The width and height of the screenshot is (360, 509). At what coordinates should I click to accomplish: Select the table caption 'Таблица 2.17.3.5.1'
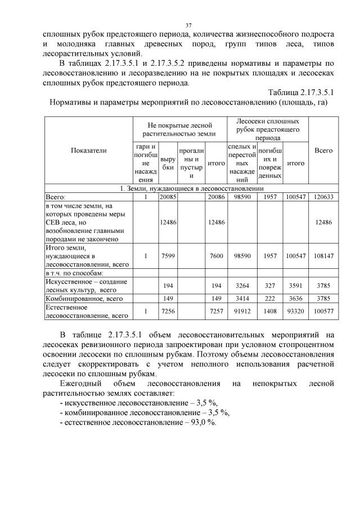pos(301,92)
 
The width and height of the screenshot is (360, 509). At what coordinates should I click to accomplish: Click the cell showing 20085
pos(168,197)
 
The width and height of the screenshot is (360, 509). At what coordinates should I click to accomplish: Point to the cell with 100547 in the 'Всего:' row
pos(296,197)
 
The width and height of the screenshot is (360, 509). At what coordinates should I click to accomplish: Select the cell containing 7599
pos(168,256)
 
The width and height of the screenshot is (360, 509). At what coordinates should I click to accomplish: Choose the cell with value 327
pos(271,286)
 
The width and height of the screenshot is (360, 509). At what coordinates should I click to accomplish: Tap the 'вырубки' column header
pos(168,163)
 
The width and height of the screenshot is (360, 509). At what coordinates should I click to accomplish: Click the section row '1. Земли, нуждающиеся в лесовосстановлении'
pos(191,189)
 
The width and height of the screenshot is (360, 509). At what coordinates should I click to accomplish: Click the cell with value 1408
pos(271,312)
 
